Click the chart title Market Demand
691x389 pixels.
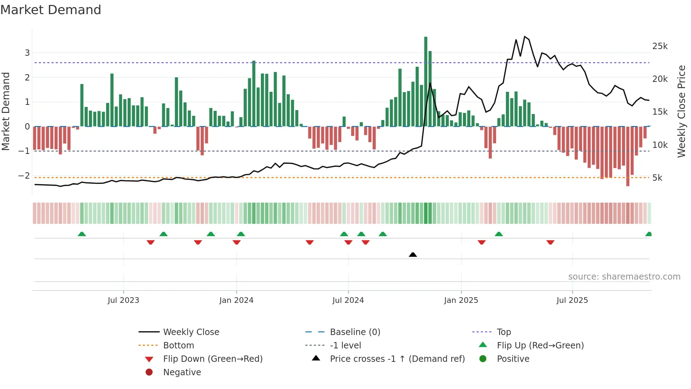51,10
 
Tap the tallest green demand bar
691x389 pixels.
426,81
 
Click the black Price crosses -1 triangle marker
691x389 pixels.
413,255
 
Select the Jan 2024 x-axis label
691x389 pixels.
236,300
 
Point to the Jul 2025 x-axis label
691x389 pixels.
572,300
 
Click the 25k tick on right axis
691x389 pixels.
660,46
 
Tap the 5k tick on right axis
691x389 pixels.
658,178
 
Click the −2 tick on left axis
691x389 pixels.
24,176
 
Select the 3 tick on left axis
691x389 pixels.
27,53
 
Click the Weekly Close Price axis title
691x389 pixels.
681,111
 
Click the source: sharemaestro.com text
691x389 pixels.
624,277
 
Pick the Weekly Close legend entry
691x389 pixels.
191,332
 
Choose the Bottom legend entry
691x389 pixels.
178,346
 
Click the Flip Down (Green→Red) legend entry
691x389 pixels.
213,359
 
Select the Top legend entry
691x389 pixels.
503,332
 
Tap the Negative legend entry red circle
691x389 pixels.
149,372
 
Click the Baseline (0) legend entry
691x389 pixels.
355,332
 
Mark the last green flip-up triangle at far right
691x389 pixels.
648,234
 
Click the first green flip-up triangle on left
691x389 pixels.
82,234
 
